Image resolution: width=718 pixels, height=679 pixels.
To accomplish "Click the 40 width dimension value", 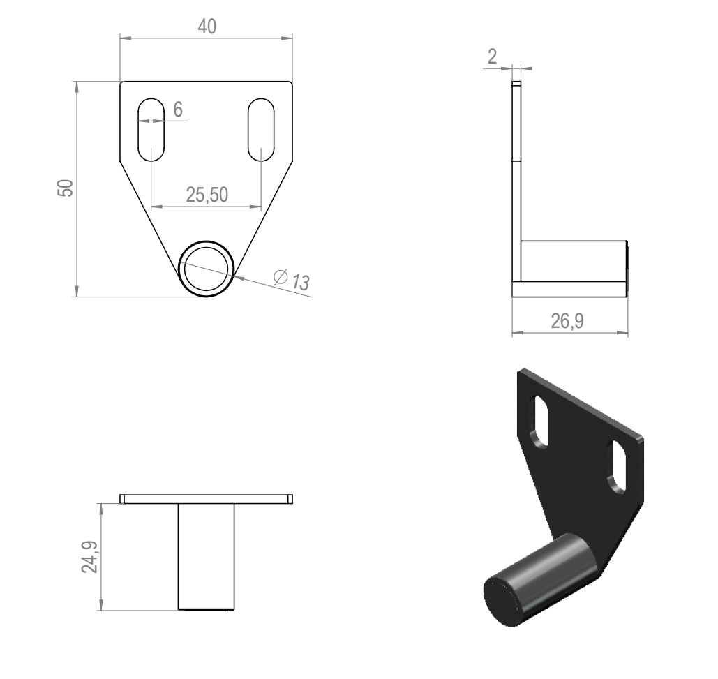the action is [207, 27].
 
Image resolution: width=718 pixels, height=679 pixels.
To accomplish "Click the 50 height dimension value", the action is [66, 188].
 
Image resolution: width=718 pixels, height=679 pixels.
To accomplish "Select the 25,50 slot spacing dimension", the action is [207, 195].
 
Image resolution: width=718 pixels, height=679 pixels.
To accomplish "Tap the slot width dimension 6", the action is [178, 110].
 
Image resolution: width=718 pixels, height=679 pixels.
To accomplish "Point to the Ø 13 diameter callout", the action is [292, 280].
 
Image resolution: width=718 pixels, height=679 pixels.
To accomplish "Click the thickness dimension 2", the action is [492, 57].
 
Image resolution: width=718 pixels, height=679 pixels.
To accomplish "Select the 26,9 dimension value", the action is [567, 321].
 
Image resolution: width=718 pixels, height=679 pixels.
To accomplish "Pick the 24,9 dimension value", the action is [90, 557].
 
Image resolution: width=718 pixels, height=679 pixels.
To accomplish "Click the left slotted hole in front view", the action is [151, 130].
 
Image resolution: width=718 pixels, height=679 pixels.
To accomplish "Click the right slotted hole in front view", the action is [261, 130].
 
